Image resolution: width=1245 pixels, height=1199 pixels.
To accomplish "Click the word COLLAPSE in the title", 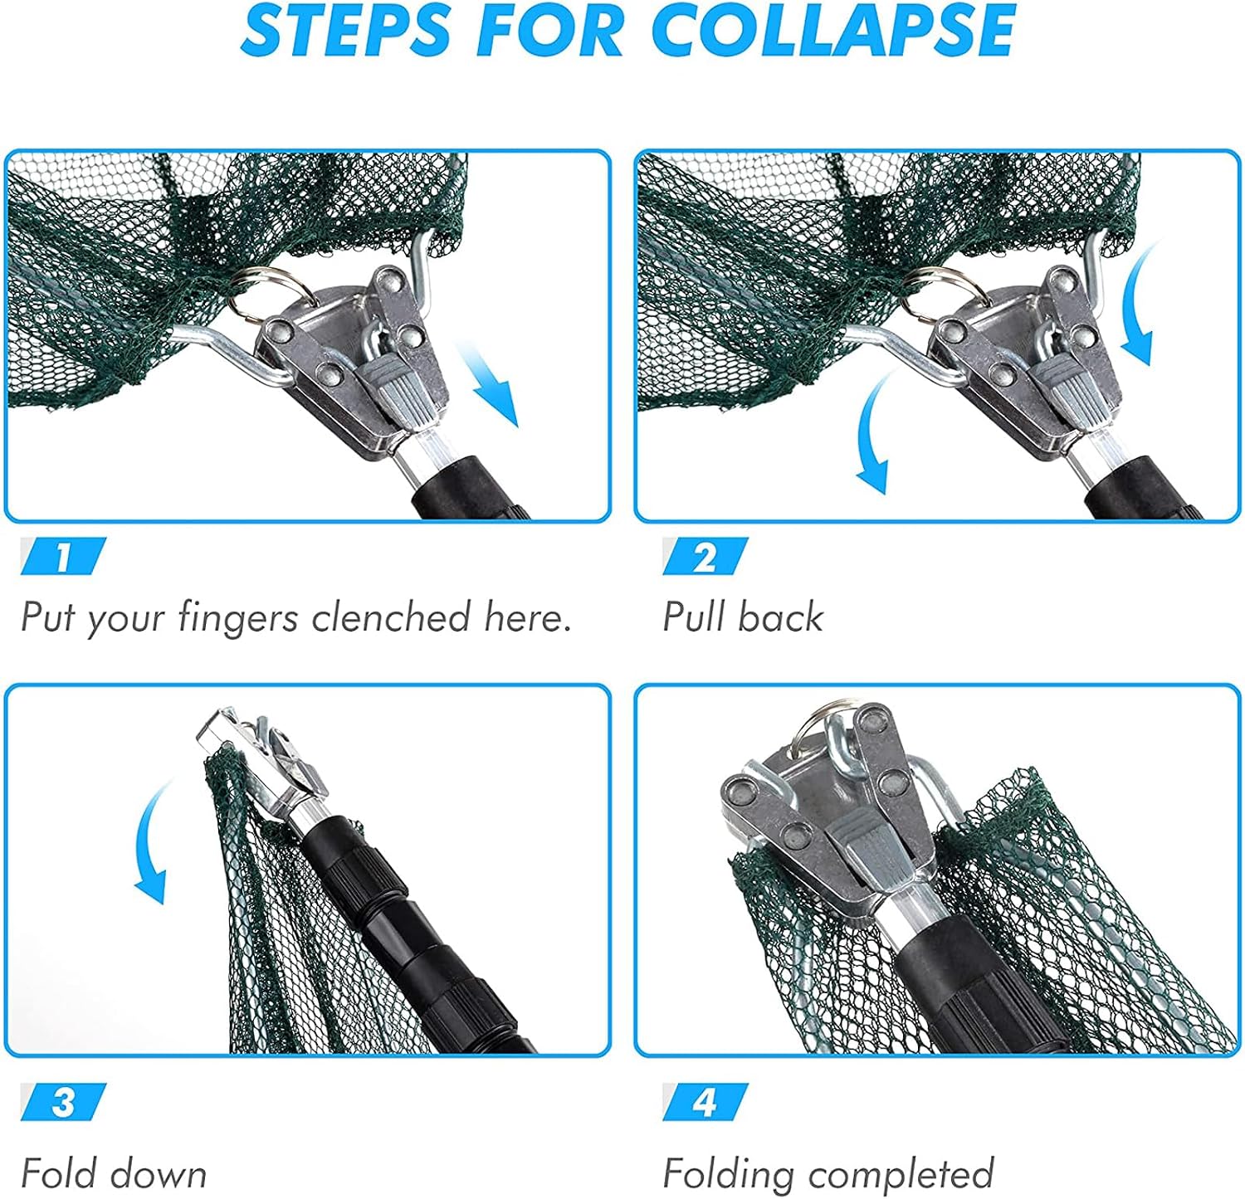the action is pyautogui.click(x=832, y=31).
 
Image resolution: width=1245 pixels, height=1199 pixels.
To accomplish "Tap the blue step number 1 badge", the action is pyautogui.click(x=64, y=557).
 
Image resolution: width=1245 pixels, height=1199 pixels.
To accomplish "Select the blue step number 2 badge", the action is pyautogui.click(x=705, y=557).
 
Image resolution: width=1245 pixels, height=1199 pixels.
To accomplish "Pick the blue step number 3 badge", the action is pyautogui.click(x=64, y=1103).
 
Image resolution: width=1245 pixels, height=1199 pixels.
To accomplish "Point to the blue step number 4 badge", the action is pyautogui.click(x=705, y=1103).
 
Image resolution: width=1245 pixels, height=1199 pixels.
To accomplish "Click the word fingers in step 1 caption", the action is pyautogui.click(x=238, y=619).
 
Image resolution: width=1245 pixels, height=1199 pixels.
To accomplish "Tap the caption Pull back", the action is pyautogui.click(x=743, y=617).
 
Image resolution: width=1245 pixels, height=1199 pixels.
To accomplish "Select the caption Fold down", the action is pyautogui.click(x=114, y=1174).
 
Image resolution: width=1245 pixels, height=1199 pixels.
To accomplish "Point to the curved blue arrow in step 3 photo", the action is pyautogui.click(x=153, y=842).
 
